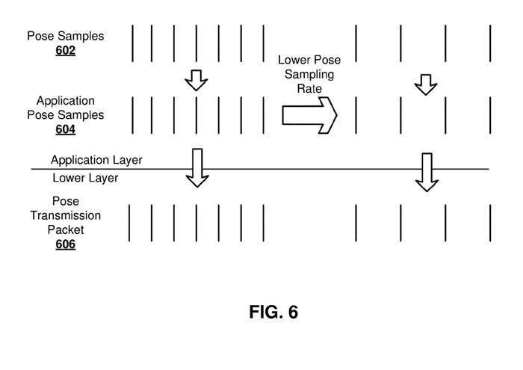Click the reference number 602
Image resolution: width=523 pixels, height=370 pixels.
(x=65, y=51)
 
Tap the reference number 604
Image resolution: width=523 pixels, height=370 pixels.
(x=65, y=129)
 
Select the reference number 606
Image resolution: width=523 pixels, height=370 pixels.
(x=65, y=244)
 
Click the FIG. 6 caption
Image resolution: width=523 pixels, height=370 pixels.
(x=273, y=312)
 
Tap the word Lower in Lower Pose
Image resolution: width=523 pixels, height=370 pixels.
(x=294, y=61)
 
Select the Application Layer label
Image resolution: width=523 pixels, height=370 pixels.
(x=96, y=160)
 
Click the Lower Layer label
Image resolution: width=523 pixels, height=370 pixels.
(x=85, y=178)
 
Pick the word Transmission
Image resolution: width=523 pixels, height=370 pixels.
(x=65, y=216)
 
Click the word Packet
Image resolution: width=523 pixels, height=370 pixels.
(x=65, y=230)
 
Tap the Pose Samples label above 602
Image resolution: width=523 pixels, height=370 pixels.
(x=65, y=36)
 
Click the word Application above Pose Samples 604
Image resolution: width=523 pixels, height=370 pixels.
(x=65, y=101)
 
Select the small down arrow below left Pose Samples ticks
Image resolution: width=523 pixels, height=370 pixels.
(x=196, y=79)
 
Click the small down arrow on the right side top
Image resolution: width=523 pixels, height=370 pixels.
(x=425, y=84)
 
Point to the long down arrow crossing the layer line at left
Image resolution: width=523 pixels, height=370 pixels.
(x=197, y=167)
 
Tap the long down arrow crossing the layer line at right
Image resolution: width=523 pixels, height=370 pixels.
(x=427, y=172)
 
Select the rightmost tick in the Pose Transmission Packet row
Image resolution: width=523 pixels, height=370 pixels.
(x=491, y=222)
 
